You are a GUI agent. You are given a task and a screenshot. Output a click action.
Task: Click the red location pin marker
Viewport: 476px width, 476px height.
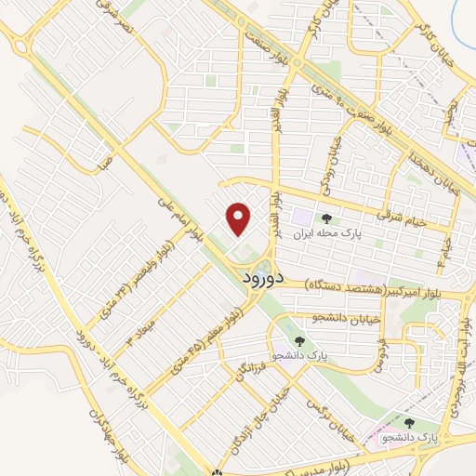pyautogui.click(x=239, y=218)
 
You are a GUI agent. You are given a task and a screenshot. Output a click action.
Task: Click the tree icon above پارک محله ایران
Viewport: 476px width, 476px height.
pyautogui.click(x=328, y=218)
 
